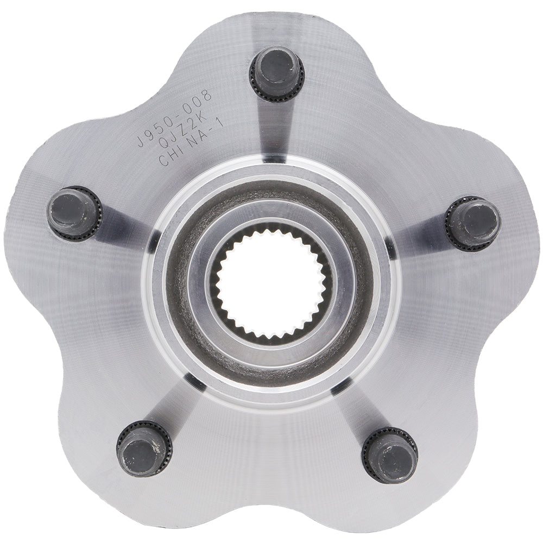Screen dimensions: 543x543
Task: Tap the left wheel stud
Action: coord(74,213)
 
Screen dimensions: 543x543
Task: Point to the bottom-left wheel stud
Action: coord(144,449)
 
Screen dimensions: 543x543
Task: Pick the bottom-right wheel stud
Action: coord(389,454)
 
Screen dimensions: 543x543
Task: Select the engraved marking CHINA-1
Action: coord(190,147)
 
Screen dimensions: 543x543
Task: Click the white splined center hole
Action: coord(271,282)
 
